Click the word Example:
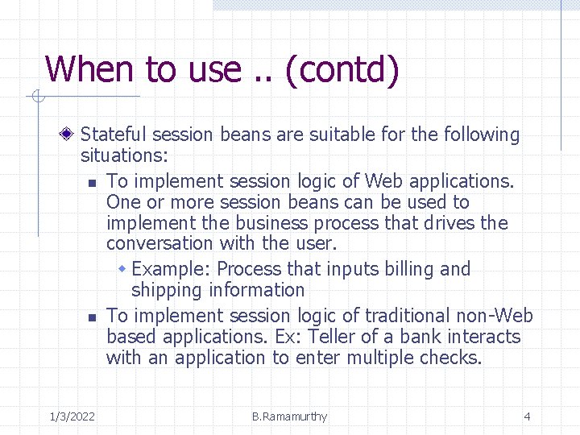(x=172, y=269)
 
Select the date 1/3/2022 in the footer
(x=72, y=416)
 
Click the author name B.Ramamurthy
(x=289, y=416)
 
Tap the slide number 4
(x=527, y=416)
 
